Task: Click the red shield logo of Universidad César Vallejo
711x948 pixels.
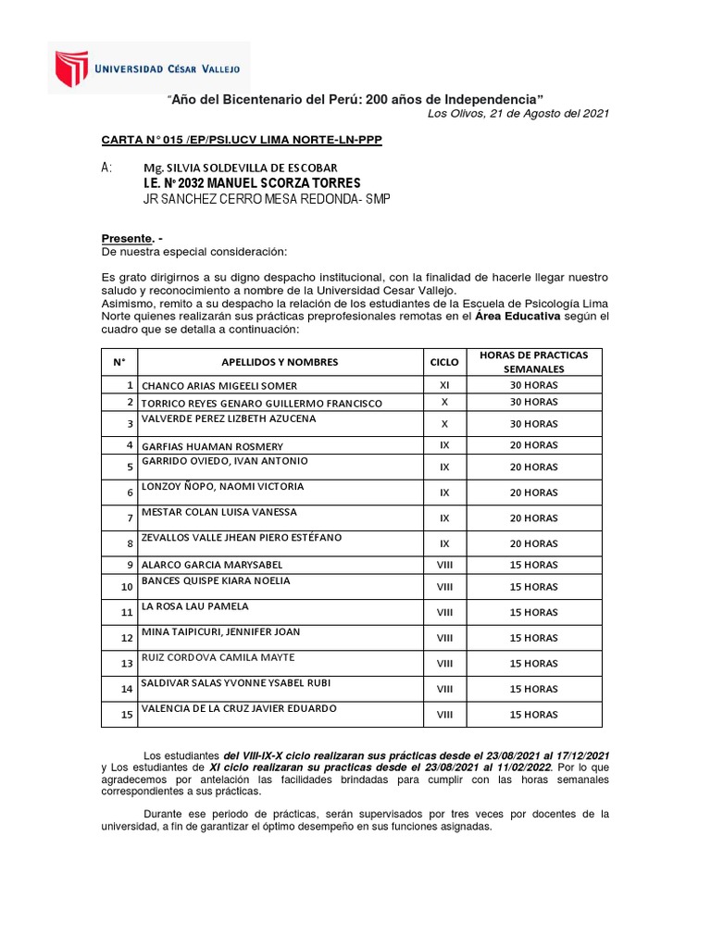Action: point(70,69)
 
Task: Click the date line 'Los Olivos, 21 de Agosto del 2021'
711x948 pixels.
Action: point(518,114)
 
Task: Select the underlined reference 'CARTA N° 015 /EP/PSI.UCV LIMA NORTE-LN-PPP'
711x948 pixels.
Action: point(241,140)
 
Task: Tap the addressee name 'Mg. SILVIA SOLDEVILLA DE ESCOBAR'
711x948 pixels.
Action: point(240,168)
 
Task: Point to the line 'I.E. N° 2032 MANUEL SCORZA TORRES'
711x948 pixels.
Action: point(251,183)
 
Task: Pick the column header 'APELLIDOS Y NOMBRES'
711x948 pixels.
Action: point(280,362)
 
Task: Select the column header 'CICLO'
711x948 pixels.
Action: point(444,362)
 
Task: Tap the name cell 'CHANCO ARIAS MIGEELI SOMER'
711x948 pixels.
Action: point(219,386)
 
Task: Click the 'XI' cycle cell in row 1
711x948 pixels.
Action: point(444,385)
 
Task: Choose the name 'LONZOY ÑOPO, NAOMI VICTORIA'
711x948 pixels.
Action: point(222,487)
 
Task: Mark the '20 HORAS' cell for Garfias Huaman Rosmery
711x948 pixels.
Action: point(534,444)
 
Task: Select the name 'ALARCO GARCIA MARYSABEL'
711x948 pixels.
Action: point(212,565)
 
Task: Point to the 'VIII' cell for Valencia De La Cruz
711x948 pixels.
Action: point(444,715)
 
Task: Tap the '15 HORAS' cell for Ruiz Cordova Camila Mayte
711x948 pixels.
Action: point(534,664)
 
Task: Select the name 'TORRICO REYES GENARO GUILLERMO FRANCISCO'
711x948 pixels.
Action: point(261,404)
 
